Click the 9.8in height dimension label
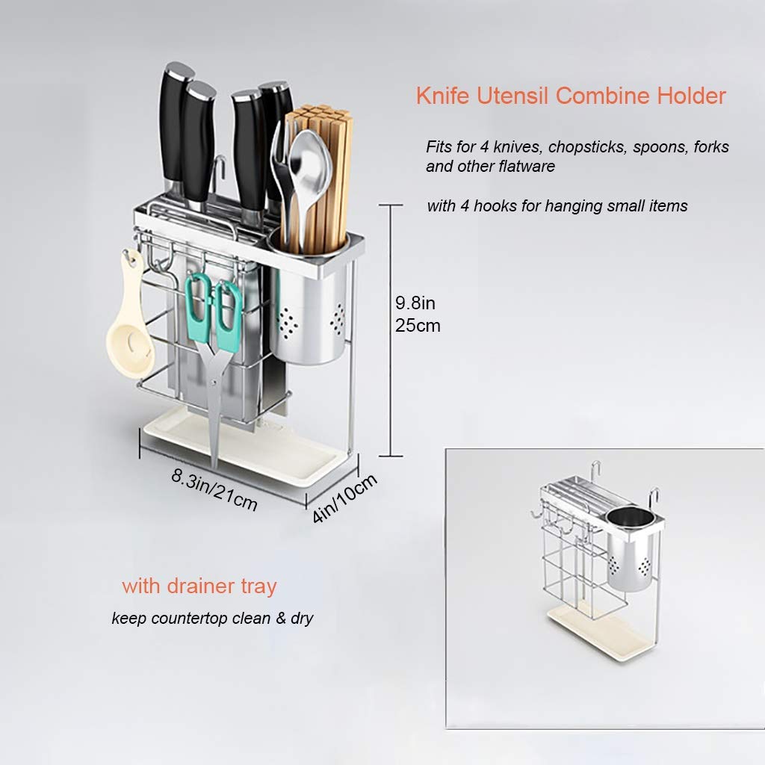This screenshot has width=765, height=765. (415, 303)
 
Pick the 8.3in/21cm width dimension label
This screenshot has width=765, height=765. (214, 489)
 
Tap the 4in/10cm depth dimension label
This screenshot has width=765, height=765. (344, 498)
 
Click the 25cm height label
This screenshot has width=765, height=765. (418, 326)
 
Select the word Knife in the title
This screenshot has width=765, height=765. (442, 96)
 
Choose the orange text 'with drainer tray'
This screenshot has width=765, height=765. (199, 586)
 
